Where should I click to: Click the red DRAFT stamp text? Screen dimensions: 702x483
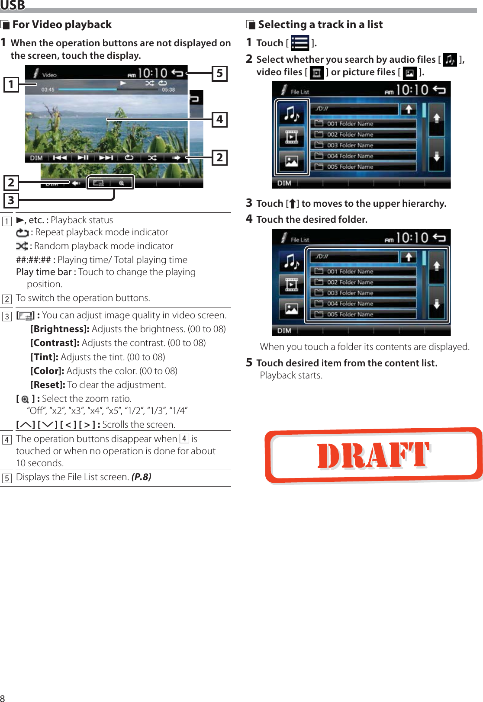373,455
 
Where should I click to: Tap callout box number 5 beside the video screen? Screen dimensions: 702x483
219,74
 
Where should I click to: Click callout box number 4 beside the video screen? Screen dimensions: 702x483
219,119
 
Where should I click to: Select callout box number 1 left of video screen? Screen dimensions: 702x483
11,84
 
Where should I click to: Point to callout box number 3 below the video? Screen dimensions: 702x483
11,200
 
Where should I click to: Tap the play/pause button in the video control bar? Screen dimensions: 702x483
83,158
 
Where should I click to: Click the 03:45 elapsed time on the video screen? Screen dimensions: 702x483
48,90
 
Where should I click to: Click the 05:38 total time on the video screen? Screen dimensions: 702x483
168,90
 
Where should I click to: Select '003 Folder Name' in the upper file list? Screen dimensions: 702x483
350,145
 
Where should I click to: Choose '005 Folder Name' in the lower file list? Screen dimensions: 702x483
350,314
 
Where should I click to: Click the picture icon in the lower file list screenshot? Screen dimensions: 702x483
292,308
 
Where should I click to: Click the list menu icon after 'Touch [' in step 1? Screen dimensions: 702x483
300,43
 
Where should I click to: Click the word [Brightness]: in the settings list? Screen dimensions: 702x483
60,329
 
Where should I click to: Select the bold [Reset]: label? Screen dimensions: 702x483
48,385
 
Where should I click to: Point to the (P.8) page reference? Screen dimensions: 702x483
141,477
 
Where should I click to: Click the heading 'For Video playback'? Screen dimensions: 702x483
62,25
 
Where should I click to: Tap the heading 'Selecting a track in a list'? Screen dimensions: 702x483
320,25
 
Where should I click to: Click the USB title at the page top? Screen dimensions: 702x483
13,5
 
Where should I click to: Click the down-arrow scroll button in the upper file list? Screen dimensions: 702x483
436,156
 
